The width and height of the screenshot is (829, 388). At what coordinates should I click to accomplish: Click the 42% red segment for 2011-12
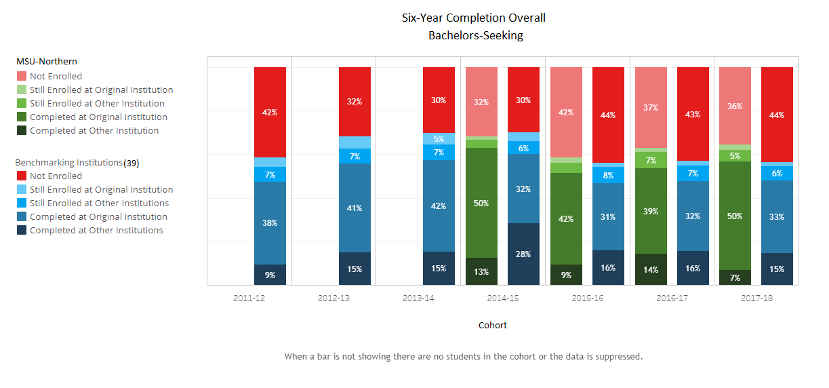tap(270, 112)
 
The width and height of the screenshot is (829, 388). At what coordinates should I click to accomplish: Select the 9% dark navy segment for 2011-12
tap(270, 275)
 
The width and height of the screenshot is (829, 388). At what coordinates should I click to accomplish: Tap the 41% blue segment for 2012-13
tap(355, 208)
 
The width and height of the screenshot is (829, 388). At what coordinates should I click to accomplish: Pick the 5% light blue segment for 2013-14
tap(439, 138)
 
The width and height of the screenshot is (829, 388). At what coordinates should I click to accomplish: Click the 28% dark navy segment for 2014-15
tap(523, 254)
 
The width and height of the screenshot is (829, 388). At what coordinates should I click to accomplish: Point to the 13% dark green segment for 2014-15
tap(481, 271)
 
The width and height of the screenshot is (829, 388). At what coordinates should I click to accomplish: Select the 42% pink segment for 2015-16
tap(566, 112)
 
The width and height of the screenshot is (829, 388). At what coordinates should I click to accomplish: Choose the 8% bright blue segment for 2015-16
tap(608, 175)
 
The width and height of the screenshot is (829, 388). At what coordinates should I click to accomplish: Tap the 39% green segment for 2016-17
tap(651, 211)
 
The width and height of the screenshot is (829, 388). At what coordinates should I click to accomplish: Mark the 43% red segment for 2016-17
tap(693, 114)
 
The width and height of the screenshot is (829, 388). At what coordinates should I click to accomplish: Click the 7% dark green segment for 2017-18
tap(735, 277)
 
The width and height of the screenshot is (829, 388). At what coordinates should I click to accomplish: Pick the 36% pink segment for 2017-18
tap(735, 106)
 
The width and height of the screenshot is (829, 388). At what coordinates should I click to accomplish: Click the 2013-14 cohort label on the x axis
tap(418, 298)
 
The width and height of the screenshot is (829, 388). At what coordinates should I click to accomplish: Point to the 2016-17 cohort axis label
tap(672, 298)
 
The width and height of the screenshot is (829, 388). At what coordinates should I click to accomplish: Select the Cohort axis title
tap(493, 326)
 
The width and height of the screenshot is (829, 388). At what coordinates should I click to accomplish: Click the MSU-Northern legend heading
tap(47, 62)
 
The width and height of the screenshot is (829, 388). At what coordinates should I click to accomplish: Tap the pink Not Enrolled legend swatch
tap(22, 77)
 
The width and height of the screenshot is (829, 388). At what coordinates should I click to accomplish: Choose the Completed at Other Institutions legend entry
tap(96, 231)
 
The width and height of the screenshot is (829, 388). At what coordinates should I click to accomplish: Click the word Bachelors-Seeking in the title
tap(476, 36)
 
